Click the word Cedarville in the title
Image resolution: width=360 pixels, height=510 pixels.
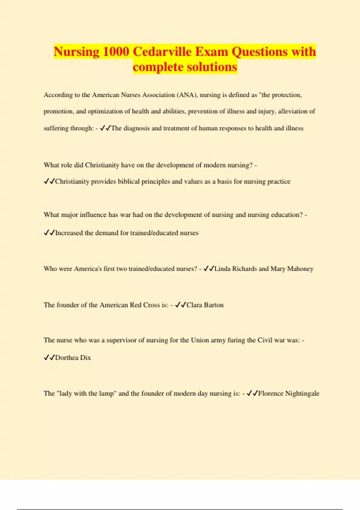tap(162, 52)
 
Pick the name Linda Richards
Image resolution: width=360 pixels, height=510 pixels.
tap(235, 269)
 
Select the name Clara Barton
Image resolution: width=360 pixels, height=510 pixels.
tap(205, 305)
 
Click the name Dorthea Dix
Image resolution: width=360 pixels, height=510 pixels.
tap(73, 358)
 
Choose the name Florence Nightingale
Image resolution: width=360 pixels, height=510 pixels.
tap(289, 394)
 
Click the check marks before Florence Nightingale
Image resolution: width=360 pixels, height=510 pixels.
tap(252, 394)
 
